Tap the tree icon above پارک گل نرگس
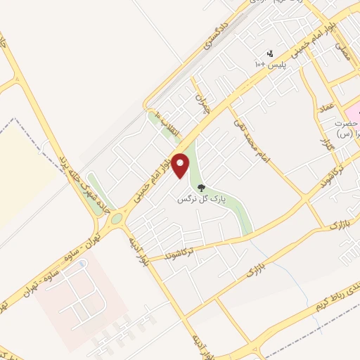(x=202, y=188)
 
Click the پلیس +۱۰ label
(x=269, y=65)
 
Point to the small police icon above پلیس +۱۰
(x=269, y=53)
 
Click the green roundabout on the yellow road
(x=115, y=218)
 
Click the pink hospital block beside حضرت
(x=352, y=112)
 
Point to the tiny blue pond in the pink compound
(x=82, y=265)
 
